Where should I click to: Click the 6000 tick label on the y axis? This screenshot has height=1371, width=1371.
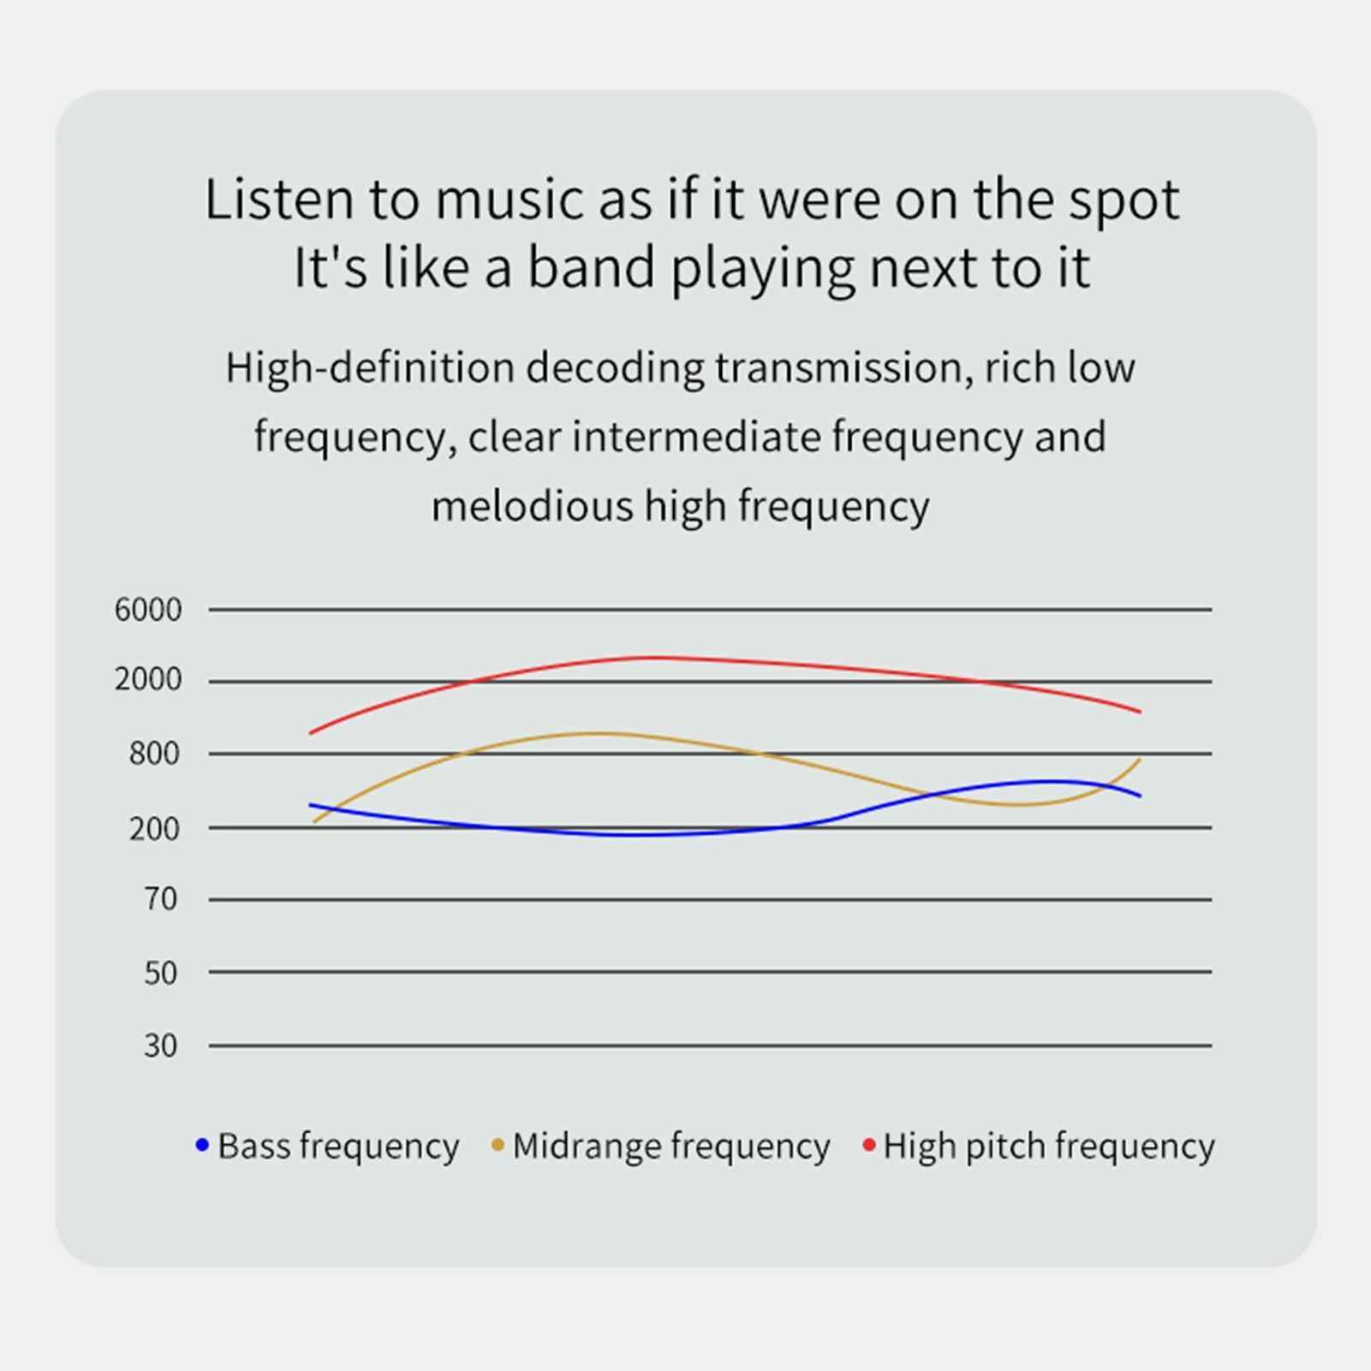pyautogui.click(x=148, y=610)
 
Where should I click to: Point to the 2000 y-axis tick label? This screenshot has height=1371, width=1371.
pyautogui.click(x=148, y=680)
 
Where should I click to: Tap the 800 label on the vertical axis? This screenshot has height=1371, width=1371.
pyautogui.click(x=155, y=754)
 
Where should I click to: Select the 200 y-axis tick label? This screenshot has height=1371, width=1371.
pyautogui.click(x=155, y=829)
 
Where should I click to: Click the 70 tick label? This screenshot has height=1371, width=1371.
pyautogui.click(x=161, y=899)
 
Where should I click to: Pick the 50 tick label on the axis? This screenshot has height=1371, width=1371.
pyautogui.click(x=161, y=973)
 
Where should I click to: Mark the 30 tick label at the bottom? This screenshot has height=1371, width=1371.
pyautogui.click(x=161, y=1046)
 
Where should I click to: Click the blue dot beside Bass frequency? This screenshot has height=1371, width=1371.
pyautogui.click(x=203, y=1145)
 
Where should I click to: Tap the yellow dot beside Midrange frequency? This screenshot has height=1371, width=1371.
pyautogui.click(x=498, y=1145)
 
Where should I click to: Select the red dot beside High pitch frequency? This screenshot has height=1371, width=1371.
pyautogui.click(x=869, y=1145)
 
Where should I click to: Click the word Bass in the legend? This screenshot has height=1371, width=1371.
pyautogui.click(x=254, y=1146)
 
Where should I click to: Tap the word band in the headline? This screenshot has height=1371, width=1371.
pyautogui.click(x=591, y=266)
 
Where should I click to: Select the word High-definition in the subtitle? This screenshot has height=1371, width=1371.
pyautogui.click(x=370, y=368)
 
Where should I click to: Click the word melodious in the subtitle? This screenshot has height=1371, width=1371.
pyautogui.click(x=532, y=506)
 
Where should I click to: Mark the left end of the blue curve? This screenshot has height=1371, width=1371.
pyautogui.click(x=310, y=805)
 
